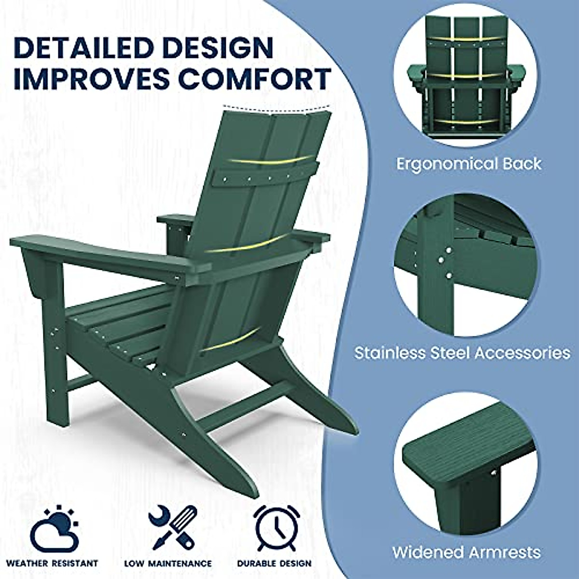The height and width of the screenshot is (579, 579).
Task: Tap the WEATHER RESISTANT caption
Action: [x=52, y=563]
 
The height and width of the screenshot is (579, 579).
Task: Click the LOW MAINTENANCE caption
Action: [x=168, y=563]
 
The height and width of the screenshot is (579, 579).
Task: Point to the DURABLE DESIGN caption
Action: [x=274, y=563]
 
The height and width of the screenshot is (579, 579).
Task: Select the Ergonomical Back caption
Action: [x=469, y=164]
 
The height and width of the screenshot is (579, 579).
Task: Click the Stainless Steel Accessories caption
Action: [x=462, y=353]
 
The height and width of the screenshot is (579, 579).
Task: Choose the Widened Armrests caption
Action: [x=466, y=552]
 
